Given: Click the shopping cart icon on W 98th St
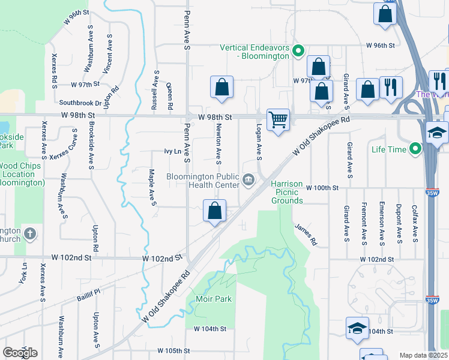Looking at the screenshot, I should pyautogui.click(x=278, y=119).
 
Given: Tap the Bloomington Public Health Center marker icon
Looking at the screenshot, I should pyautogui.click(x=248, y=178).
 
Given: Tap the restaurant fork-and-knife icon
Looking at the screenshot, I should pyautogui.click(x=391, y=87).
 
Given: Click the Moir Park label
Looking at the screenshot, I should pyautogui.click(x=213, y=299).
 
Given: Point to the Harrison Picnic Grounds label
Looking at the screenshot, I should pyautogui.click(x=287, y=192).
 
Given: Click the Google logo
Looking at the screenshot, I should pyautogui.click(x=20, y=353).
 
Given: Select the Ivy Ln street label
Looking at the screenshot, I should pyautogui.click(x=172, y=152).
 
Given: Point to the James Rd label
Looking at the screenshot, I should pyautogui.click(x=306, y=235).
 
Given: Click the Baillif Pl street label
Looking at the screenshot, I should pyautogui.click(x=88, y=292).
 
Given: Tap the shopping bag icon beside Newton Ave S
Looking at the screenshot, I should pyautogui.click(x=221, y=86).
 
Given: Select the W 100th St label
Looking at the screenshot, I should pyautogui.click(x=322, y=188).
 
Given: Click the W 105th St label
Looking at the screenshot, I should pyautogui.click(x=173, y=350).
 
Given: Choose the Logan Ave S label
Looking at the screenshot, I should pyautogui.click(x=259, y=143).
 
